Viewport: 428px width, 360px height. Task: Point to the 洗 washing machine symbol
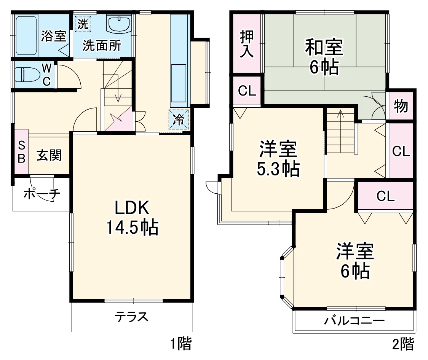(x=83, y=24)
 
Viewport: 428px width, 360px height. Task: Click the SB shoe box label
(x=21, y=151)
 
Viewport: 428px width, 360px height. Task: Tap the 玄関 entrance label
(x=49, y=155)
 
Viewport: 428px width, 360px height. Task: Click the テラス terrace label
(x=131, y=317)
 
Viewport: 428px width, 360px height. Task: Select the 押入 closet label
(x=246, y=44)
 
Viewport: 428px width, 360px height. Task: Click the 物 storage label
(x=401, y=106)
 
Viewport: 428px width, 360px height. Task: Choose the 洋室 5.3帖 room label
(x=278, y=159)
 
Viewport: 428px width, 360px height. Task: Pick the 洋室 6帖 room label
(x=354, y=261)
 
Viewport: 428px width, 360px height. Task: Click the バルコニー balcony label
(x=354, y=320)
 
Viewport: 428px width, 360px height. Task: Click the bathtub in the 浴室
(x=26, y=35)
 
